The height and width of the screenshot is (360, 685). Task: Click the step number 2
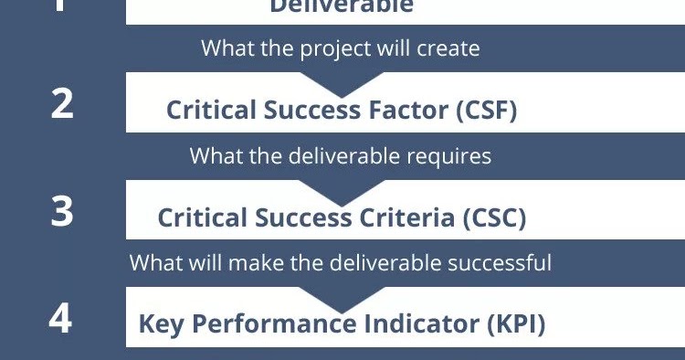point(62,103)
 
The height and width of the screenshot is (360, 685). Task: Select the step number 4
point(60,319)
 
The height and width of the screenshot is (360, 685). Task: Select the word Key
point(161,323)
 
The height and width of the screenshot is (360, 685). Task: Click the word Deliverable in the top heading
point(342,7)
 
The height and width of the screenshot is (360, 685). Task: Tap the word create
point(447,48)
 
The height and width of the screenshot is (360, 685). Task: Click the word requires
point(449,156)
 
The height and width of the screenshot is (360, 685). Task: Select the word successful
point(497,264)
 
